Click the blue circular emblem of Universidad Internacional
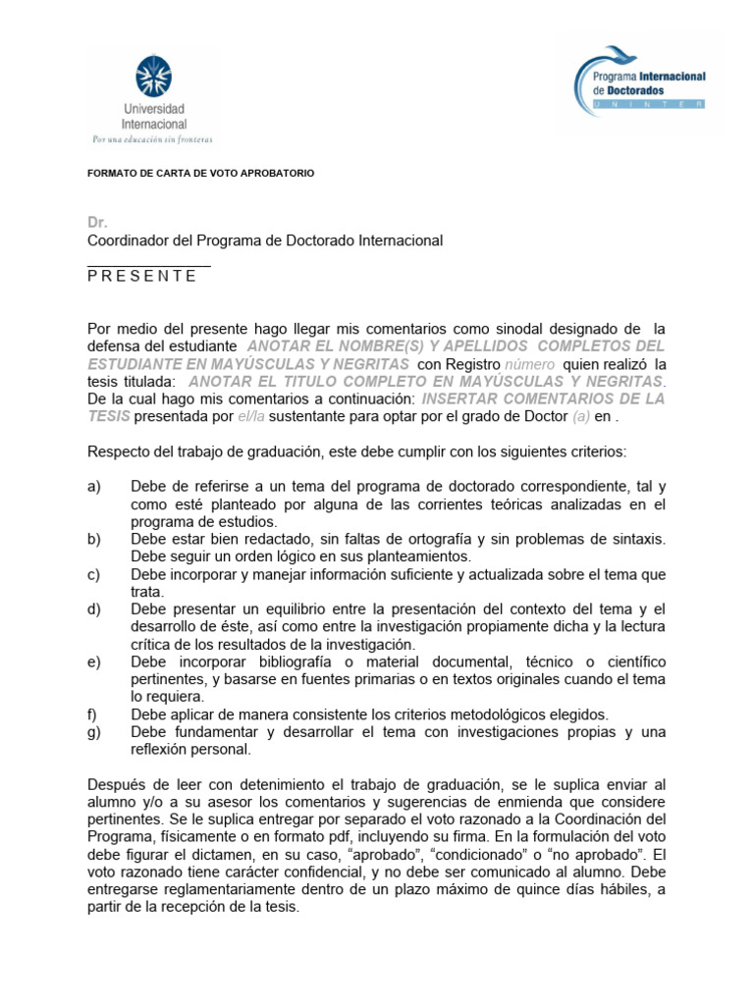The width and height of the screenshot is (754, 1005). pos(153,77)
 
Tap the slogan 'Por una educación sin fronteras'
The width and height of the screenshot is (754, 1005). pos(152,138)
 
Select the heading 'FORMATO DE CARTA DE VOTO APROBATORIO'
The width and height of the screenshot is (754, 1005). pos(200,173)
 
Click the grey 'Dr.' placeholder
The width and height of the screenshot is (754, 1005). pos(96,223)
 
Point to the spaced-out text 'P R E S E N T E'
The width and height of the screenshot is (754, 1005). pos(141,276)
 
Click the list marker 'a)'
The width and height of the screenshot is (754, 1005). pos(94,487)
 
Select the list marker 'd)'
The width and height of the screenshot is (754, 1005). pos(94,609)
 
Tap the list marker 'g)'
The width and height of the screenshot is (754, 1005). pos(94,732)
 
